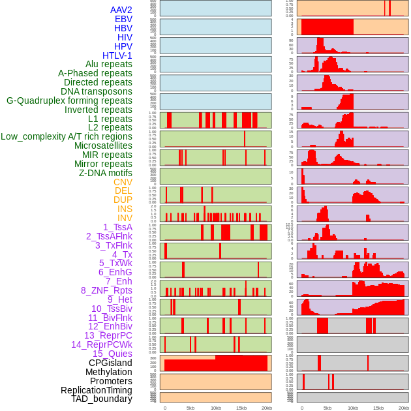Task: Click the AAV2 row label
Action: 121,10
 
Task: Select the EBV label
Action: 123,19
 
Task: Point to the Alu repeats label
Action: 109,64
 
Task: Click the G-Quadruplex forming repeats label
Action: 69,100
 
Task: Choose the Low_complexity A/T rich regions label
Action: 67,136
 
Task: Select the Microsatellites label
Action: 103,145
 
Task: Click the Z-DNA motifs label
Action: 106,173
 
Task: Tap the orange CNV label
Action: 123,182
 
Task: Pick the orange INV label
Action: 125,218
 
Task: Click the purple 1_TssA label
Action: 117,227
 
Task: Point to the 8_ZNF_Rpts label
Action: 106,290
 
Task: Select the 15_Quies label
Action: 112,354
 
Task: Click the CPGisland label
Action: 110,363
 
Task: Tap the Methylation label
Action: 109,372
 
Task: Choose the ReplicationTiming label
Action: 96,390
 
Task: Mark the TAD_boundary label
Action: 102,399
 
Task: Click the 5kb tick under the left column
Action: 190,408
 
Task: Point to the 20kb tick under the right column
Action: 404,408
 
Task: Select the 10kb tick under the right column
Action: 353,408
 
